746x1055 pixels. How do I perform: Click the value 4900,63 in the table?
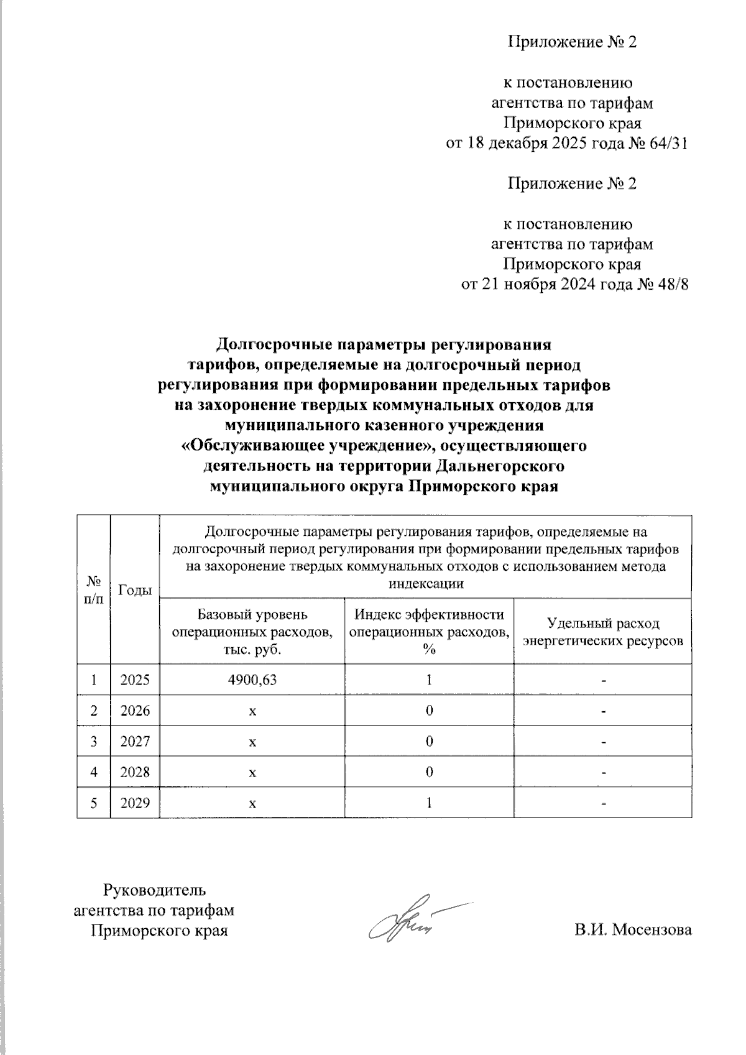pyautogui.click(x=252, y=680)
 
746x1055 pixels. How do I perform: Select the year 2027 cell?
pyautogui.click(x=135, y=741)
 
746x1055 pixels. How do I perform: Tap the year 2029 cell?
pyautogui.click(x=135, y=803)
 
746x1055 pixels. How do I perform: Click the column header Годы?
pyautogui.click(x=135, y=590)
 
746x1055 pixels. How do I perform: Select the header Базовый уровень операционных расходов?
pyautogui.click(x=252, y=632)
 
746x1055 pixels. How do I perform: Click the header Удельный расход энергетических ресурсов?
pyautogui.click(x=602, y=632)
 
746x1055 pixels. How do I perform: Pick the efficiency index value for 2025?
pyautogui.click(x=429, y=680)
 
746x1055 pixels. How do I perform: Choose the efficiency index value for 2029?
pyautogui.click(x=429, y=803)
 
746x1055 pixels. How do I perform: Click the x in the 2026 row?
pyautogui.click(x=252, y=711)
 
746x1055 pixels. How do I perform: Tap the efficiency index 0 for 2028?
pyautogui.click(x=429, y=772)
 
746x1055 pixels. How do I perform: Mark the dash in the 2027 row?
pyautogui.click(x=602, y=742)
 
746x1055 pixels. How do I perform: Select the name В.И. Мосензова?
pyautogui.click(x=633, y=930)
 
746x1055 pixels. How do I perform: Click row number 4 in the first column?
pyautogui.click(x=93, y=772)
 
